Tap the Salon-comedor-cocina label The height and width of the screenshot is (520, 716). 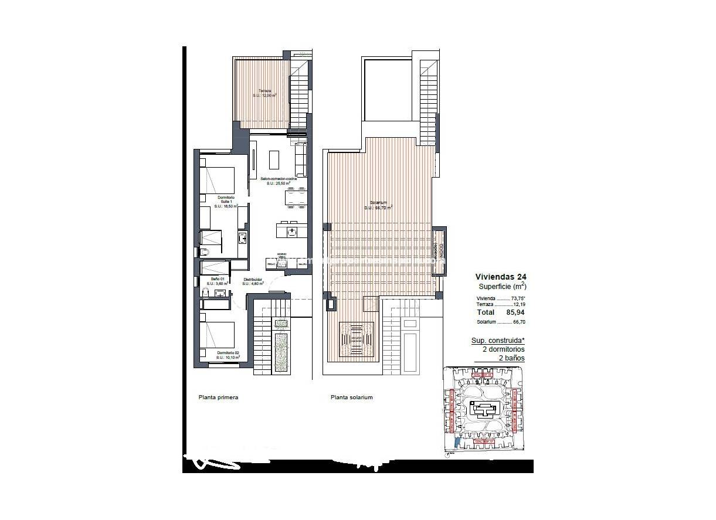(x=278, y=180)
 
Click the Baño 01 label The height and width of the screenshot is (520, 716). (x=218, y=281)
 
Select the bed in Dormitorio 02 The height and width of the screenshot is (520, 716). (x=218, y=335)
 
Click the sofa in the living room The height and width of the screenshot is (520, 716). (x=300, y=159)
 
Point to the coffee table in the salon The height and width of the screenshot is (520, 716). (x=274, y=159)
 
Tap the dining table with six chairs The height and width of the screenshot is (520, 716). (x=295, y=198)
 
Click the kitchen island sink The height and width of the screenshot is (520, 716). (x=291, y=231)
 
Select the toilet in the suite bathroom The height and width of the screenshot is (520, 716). (x=203, y=253)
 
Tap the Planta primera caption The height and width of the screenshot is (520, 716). (x=218, y=397)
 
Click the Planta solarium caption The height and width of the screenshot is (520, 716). (x=351, y=397)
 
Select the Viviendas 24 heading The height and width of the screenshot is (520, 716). (x=500, y=277)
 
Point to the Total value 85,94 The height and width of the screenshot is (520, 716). (x=514, y=313)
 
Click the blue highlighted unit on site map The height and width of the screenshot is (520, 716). (x=457, y=444)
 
